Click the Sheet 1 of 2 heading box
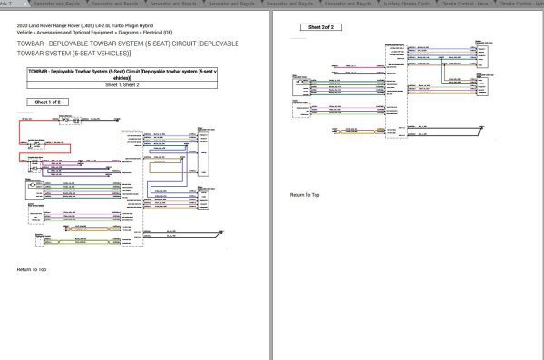[x=46, y=103]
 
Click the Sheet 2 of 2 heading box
[x=321, y=28]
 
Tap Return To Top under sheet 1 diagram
[x=32, y=269]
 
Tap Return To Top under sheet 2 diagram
[x=305, y=195]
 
